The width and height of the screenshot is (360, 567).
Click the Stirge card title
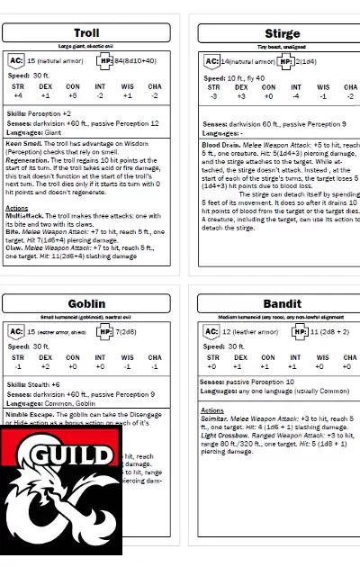point(283,33)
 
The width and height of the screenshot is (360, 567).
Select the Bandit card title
point(283,303)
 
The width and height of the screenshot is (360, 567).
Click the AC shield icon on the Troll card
point(16,61)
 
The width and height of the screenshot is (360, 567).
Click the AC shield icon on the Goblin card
point(16,331)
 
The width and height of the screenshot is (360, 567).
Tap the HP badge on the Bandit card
point(300,331)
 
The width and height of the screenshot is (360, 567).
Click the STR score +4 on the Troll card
point(18,94)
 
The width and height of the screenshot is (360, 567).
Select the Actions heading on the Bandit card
point(212,409)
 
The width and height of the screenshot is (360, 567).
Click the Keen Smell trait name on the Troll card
point(22,142)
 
